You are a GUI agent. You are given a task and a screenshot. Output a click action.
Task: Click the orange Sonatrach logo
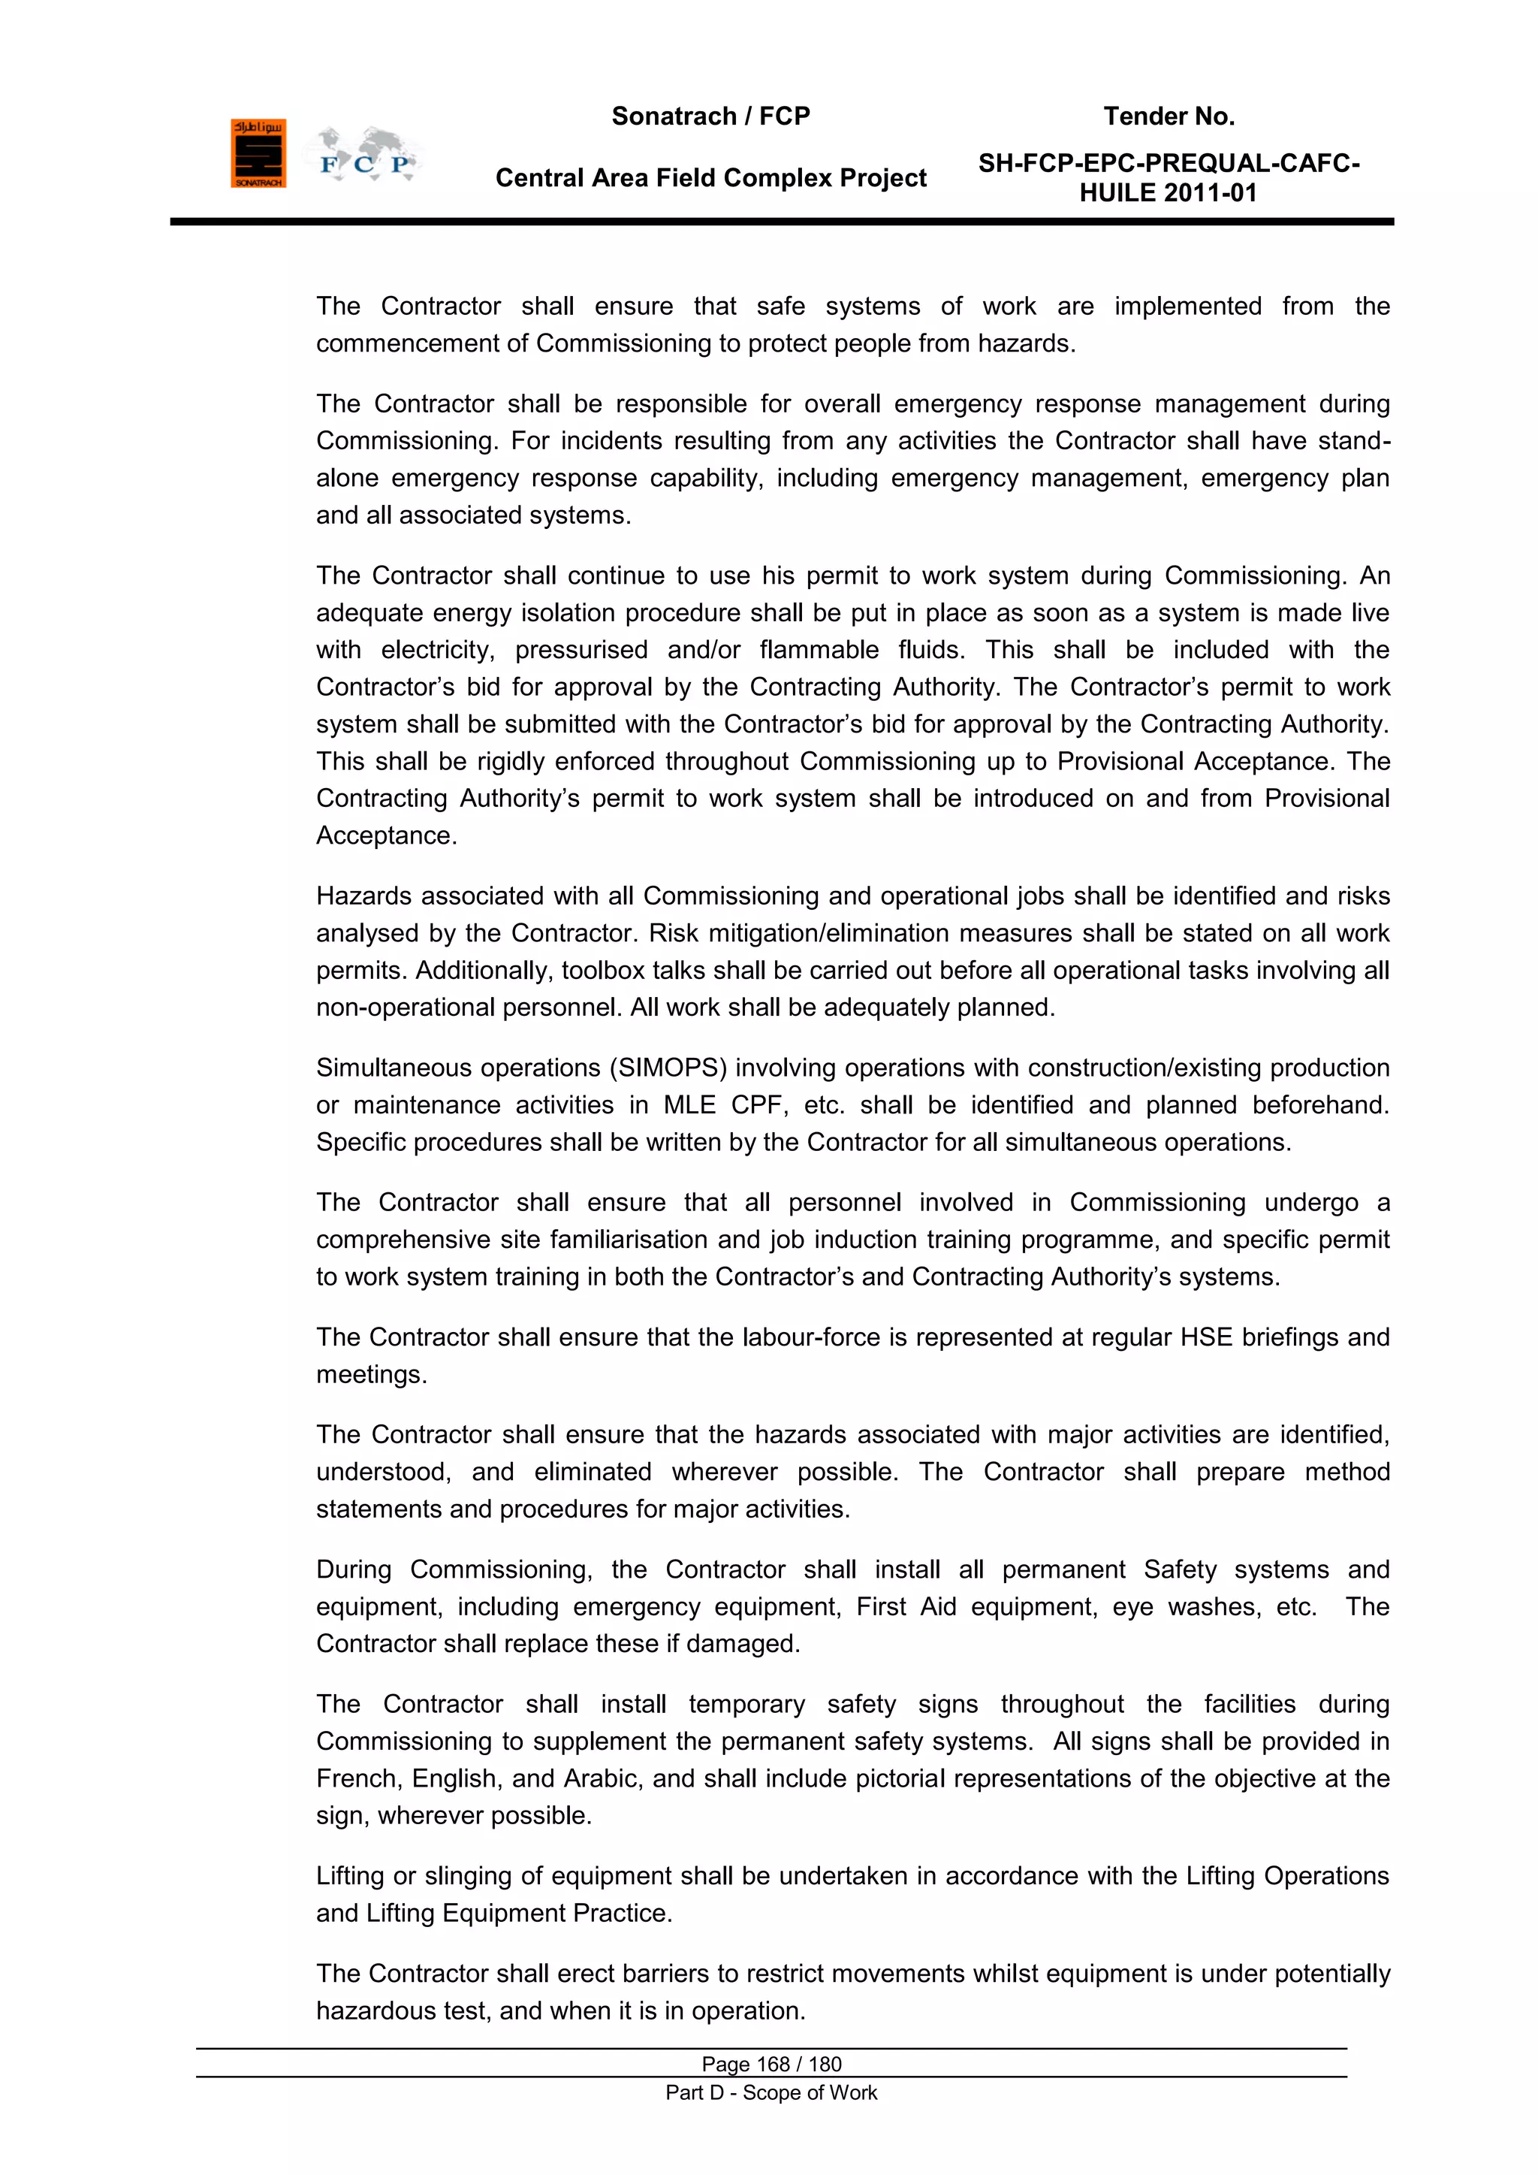(x=258, y=153)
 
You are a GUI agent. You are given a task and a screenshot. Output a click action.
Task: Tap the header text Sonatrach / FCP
(x=710, y=116)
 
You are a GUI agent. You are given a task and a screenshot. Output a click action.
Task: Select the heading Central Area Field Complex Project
(x=710, y=178)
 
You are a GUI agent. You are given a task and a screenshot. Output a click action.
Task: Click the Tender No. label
(x=1169, y=116)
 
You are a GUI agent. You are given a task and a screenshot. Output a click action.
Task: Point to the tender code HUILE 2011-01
(x=1168, y=193)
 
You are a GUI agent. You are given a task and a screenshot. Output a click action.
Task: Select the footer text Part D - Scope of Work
(x=771, y=2092)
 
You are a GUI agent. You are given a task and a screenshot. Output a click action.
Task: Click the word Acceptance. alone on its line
(x=387, y=835)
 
